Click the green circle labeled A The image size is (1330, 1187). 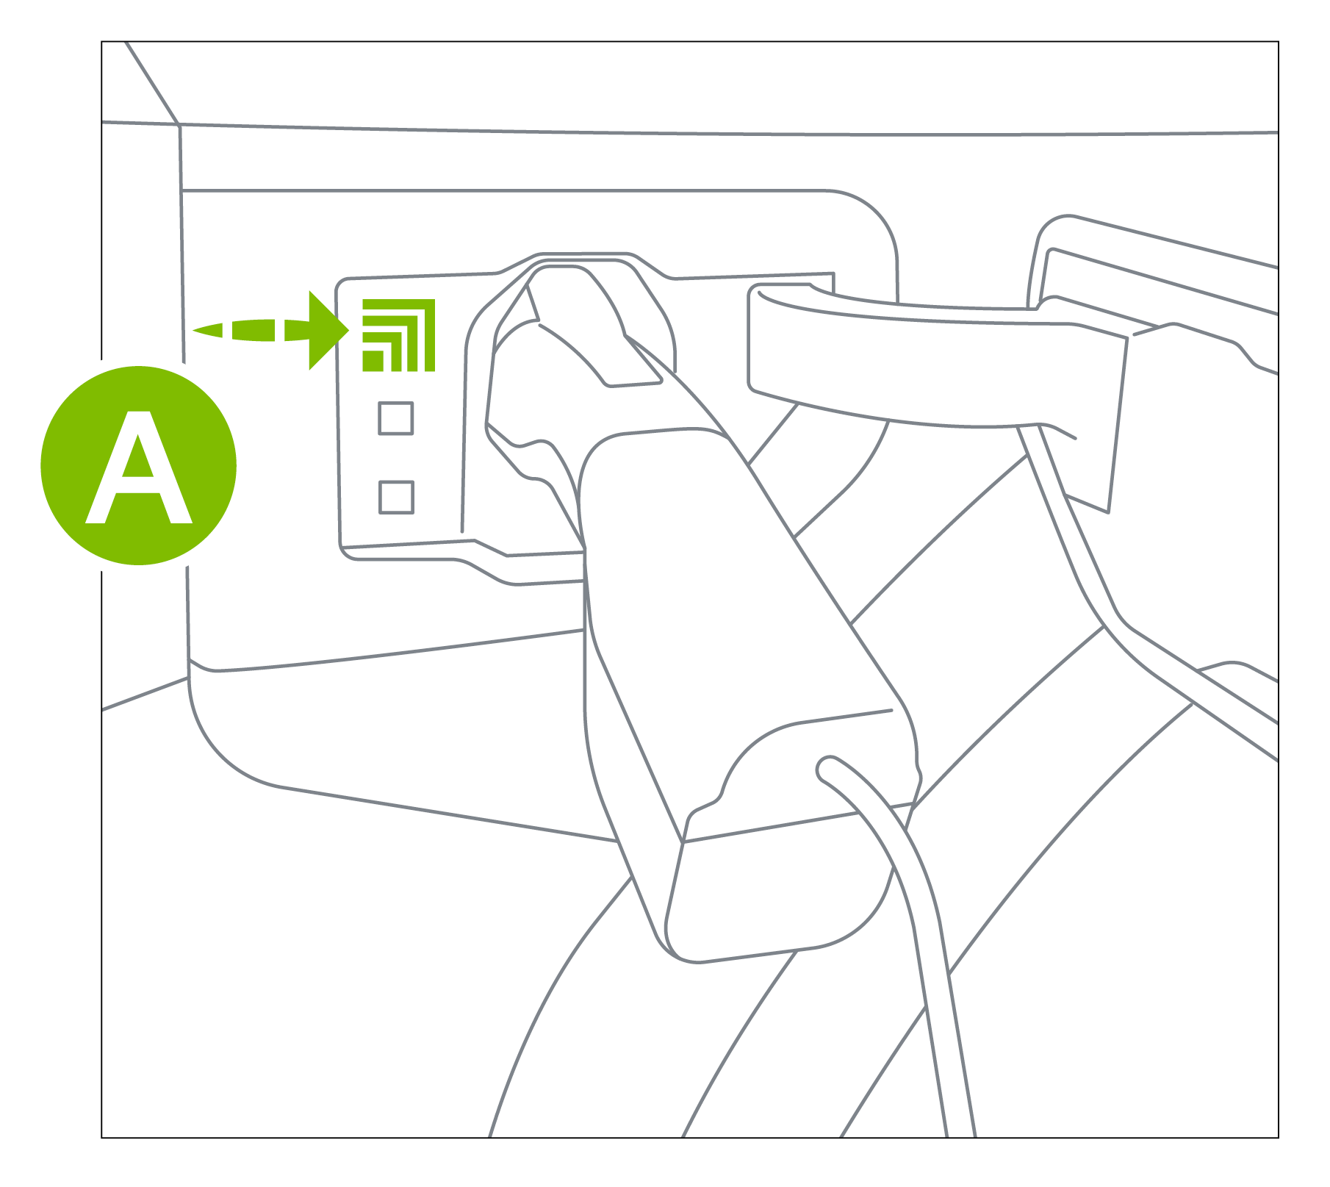(x=138, y=465)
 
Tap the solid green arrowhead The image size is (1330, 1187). (x=327, y=330)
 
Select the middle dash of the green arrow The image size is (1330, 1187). (x=254, y=330)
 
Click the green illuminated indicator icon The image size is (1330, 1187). (x=398, y=335)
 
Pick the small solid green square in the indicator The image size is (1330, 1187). (x=373, y=361)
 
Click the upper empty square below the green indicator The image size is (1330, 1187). (x=395, y=418)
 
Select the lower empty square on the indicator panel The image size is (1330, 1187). (x=396, y=497)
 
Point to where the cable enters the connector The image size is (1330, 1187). (x=826, y=769)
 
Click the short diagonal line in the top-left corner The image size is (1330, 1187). (x=152, y=83)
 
